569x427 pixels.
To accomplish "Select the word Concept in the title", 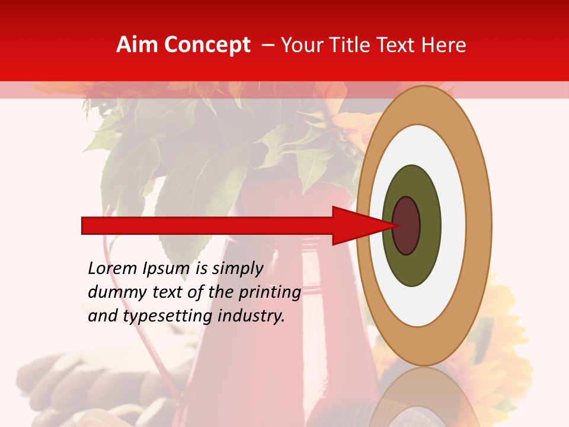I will pos(206,45).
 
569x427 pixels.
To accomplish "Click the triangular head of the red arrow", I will pos(356,226).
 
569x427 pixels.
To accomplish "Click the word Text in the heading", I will pos(398,45).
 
